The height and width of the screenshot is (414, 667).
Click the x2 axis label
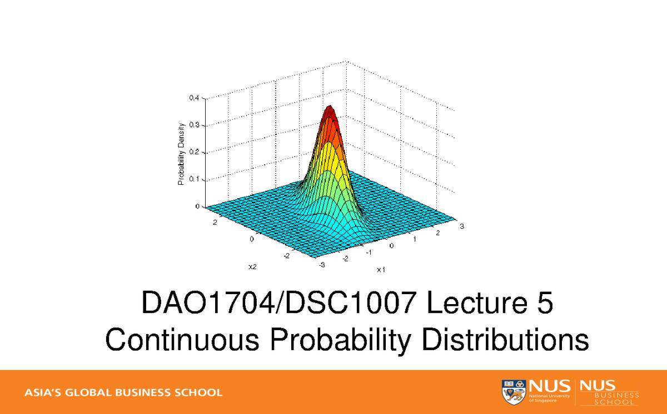point(252,267)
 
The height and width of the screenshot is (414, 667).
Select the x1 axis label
point(381,270)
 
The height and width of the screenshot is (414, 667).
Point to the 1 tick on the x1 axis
point(414,239)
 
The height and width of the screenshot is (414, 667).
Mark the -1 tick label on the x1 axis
point(367,252)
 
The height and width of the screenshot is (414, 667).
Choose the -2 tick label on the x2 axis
point(286,256)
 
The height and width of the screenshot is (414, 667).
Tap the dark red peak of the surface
point(330,111)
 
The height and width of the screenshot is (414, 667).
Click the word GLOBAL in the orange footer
point(90,392)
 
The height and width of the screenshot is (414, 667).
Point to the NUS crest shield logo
point(512,392)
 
